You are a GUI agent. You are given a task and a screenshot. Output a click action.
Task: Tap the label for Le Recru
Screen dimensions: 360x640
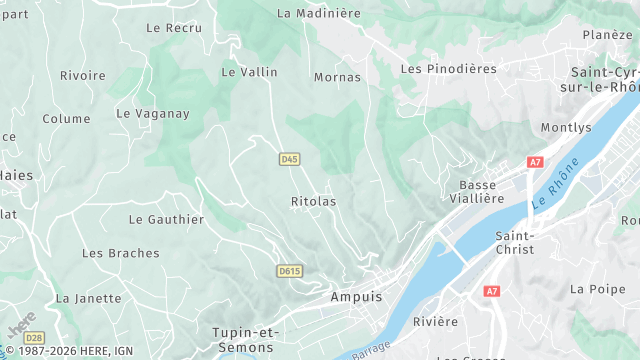click(x=174, y=28)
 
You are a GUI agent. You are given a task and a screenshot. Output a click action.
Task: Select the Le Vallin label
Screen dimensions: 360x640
click(x=249, y=72)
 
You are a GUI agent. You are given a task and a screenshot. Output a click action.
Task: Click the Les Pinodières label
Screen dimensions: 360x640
click(x=448, y=69)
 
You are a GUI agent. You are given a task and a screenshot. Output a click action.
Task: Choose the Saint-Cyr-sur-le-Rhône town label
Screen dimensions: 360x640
click(x=605, y=80)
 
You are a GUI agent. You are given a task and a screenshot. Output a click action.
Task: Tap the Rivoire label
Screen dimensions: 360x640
click(x=83, y=76)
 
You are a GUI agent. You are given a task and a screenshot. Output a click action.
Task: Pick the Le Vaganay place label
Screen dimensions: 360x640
click(x=153, y=113)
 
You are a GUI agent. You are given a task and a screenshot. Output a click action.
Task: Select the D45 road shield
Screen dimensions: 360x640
click(x=289, y=159)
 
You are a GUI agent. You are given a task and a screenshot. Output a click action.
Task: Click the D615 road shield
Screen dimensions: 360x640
click(x=289, y=271)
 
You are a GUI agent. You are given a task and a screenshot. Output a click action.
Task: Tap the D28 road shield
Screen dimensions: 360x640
click(x=34, y=338)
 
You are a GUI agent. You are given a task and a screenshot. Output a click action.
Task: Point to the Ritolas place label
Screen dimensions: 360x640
click(x=313, y=201)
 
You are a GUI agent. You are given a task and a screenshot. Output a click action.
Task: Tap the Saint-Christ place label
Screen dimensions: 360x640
click(x=515, y=242)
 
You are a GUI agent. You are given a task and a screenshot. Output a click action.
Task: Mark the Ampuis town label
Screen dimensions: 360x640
click(x=355, y=297)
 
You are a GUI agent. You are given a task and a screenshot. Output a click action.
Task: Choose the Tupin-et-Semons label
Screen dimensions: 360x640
click(x=246, y=338)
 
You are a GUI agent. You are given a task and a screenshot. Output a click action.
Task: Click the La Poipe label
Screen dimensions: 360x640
click(x=590, y=289)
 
